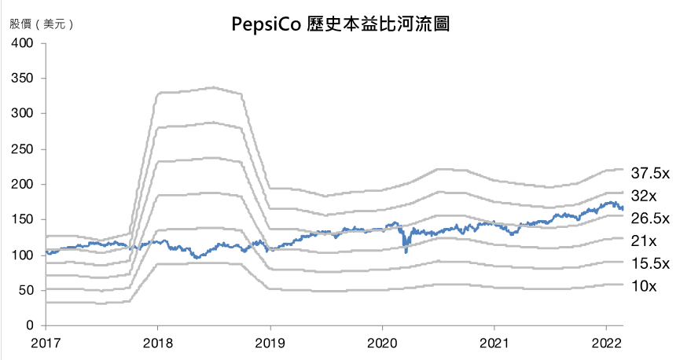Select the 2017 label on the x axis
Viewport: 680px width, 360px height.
pyautogui.click(x=45, y=343)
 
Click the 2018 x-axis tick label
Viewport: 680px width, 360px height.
pyautogui.click(x=157, y=343)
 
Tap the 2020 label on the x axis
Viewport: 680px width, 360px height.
pyautogui.click(x=382, y=343)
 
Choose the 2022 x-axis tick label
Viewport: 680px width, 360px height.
pyautogui.click(x=606, y=343)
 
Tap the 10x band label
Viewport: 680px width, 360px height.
pyautogui.click(x=644, y=287)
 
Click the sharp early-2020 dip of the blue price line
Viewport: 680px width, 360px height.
pyautogui.click(x=406, y=251)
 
